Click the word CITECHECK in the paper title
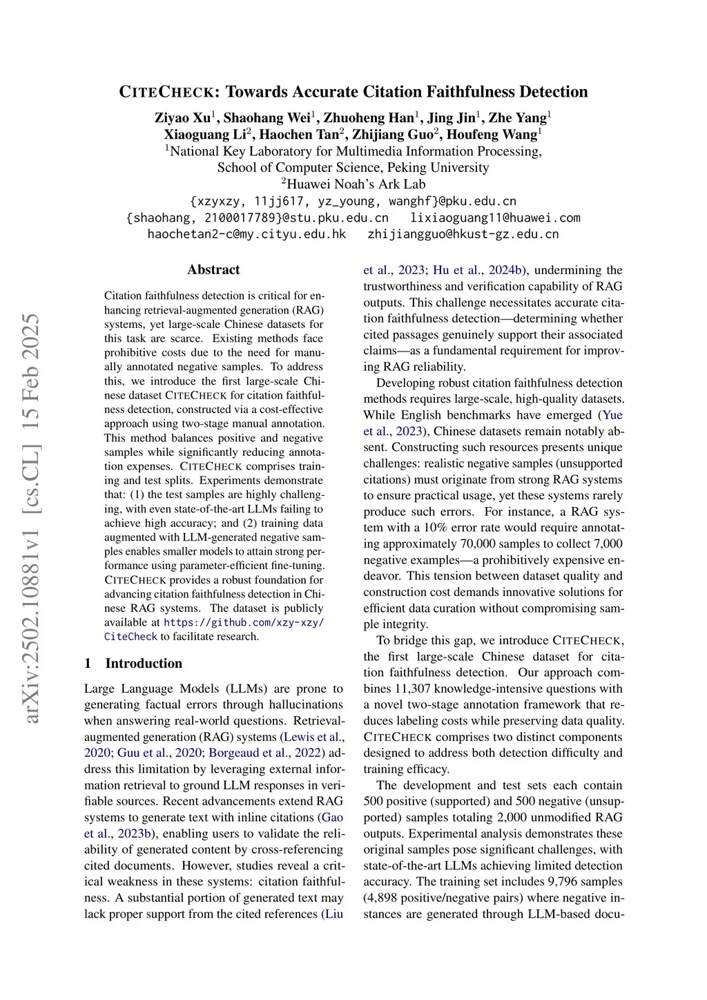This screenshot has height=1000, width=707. (166, 92)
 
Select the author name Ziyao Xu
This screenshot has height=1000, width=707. (182, 117)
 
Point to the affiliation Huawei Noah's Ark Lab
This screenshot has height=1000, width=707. (356, 184)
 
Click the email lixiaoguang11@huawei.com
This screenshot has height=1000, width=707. (495, 218)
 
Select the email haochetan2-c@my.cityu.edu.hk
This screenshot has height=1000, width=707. (246, 234)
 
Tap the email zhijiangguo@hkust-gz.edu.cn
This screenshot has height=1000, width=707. (463, 234)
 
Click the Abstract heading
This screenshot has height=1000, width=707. (213, 270)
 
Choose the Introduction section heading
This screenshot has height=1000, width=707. (144, 663)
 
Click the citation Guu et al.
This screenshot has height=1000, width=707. (144, 753)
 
